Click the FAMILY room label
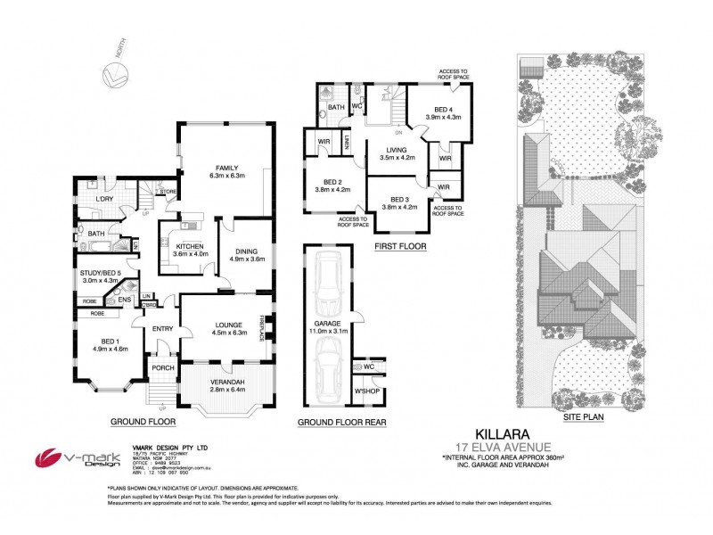click(225, 166)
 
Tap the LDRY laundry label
click(104, 199)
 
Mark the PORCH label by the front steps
click(162, 367)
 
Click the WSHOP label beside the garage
click(366, 390)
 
